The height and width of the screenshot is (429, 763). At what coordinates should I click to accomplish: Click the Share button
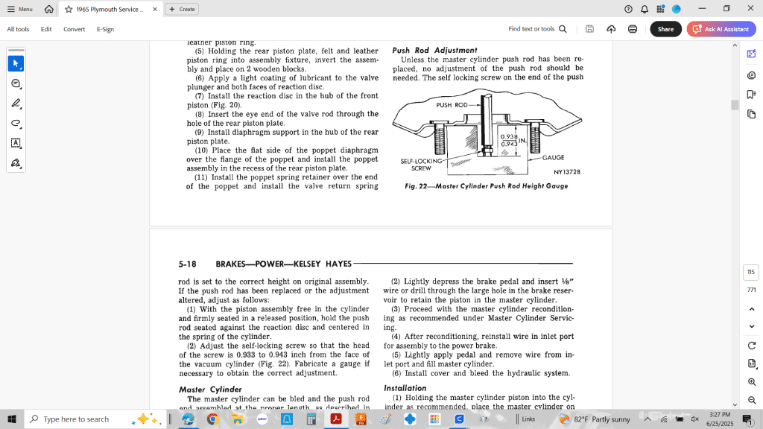665,29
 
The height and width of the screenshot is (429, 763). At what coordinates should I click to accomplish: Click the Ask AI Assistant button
721,29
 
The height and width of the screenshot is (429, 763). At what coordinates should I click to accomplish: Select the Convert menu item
74,29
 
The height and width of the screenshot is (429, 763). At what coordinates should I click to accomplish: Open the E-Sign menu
105,29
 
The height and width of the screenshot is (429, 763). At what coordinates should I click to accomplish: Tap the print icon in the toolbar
633,29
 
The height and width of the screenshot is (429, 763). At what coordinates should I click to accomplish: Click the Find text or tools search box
536,29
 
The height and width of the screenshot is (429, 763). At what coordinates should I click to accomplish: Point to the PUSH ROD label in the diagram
452,106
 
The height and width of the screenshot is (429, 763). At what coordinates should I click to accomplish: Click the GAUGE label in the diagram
553,158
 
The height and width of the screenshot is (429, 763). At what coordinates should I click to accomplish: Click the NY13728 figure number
566,172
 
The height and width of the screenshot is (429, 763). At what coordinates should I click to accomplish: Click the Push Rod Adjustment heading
434,50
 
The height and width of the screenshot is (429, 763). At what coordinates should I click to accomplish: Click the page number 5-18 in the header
188,264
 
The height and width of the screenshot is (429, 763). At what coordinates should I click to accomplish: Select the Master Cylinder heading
210,390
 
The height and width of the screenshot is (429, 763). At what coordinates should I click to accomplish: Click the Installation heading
405,388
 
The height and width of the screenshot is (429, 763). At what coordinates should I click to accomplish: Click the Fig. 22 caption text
486,186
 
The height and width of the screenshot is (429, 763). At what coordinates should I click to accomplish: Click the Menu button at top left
20,9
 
